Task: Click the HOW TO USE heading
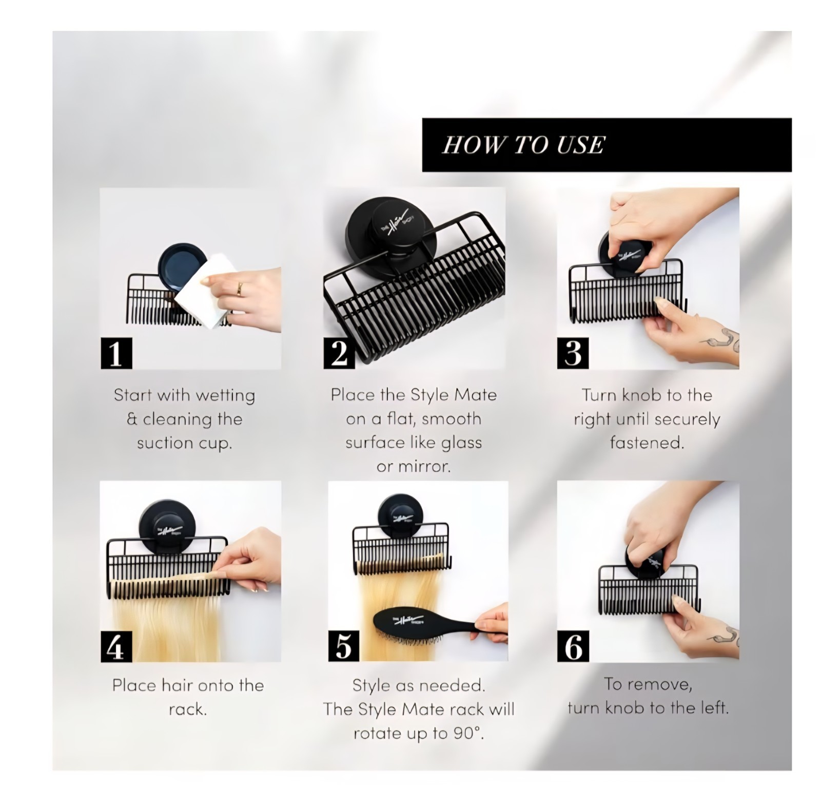(523, 145)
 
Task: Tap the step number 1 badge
(116, 353)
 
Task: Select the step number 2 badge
(339, 353)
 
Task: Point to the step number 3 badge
(573, 353)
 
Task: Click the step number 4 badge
(116, 646)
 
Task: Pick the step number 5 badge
(344, 646)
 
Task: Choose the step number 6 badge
(573, 646)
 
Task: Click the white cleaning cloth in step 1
(205, 290)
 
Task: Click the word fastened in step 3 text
(647, 442)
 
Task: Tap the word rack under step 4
(188, 709)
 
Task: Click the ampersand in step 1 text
(132, 419)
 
